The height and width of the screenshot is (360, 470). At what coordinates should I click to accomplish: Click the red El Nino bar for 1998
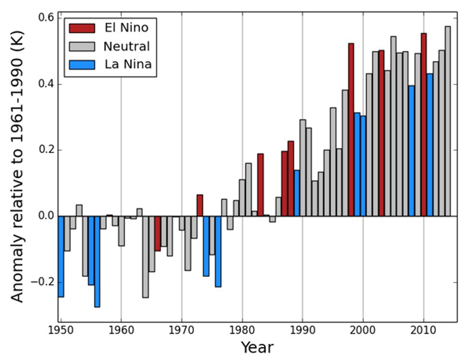[351, 129]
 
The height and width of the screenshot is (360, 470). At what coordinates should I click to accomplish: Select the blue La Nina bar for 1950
[61, 256]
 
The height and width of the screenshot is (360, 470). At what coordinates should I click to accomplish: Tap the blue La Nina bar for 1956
[97, 261]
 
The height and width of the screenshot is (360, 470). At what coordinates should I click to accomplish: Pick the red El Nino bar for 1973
[200, 205]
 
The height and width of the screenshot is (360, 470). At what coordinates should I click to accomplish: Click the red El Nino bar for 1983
[260, 185]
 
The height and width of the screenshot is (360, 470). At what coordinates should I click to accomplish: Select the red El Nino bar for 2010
[423, 125]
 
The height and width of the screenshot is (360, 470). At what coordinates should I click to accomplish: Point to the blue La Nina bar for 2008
[411, 151]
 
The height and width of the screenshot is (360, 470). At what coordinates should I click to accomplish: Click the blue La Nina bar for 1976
[218, 251]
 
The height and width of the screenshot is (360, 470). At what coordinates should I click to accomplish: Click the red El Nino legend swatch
[82, 27]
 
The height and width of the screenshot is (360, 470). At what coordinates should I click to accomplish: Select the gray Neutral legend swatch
[82, 46]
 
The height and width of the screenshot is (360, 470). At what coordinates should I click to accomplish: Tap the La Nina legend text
[128, 64]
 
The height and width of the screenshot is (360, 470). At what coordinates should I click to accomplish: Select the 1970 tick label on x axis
[182, 330]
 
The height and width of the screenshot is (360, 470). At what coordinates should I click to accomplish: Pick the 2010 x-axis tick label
[423, 330]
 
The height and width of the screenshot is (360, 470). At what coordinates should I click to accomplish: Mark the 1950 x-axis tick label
[61, 330]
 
